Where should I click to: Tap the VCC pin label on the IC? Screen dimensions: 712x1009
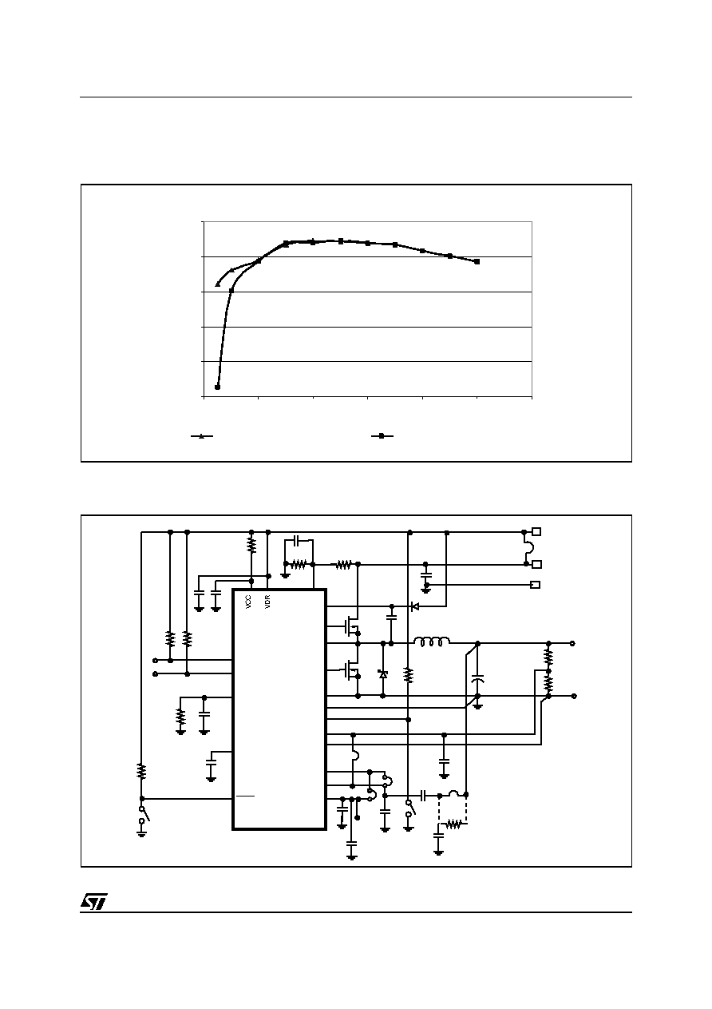pyautogui.click(x=248, y=602)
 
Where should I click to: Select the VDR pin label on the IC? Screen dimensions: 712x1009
pyautogui.click(x=267, y=602)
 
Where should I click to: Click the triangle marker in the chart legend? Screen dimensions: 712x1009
pyautogui.click(x=202, y=436)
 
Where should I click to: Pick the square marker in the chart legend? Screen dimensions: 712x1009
pyautogui.click(x=382, y=436)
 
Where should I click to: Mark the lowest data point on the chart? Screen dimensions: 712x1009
pyautogui.click(x=217, y=387)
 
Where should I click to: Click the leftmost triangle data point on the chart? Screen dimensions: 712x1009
pyautogui.click(x=218, y=284)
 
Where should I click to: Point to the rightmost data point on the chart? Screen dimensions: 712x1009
pyautogui.click(x=477, y=261)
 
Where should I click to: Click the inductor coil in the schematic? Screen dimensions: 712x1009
pyautogui.click(x=431, y=642)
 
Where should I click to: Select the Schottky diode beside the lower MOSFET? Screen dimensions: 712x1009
pyautogui.click(x=383, y=674)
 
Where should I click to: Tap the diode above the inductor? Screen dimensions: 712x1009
pyautogui.click(x=415, y=606)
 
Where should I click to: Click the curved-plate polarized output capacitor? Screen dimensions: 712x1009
pyautogui.click(x=478, y=679)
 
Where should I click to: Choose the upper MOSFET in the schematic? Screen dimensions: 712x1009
pyautogui.click(x=351, y=626)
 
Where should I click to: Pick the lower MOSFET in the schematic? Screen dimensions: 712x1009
pyautogui.click(x=351, y=670)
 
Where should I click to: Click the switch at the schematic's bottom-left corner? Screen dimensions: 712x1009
pyautogui.click(x=144, y=814)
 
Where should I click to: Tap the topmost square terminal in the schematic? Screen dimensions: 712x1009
pyautogui.click(x=536, y=531)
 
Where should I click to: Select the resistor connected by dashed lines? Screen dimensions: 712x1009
pyautogui.click(x=453, y=824)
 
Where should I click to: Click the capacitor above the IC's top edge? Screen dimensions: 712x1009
pyautogui.click(x=298, y=539)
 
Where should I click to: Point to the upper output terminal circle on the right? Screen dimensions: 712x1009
pyautogui.click(x=572, y=644)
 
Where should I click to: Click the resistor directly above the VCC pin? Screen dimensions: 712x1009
pyautogui.click(x=251, y=546)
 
